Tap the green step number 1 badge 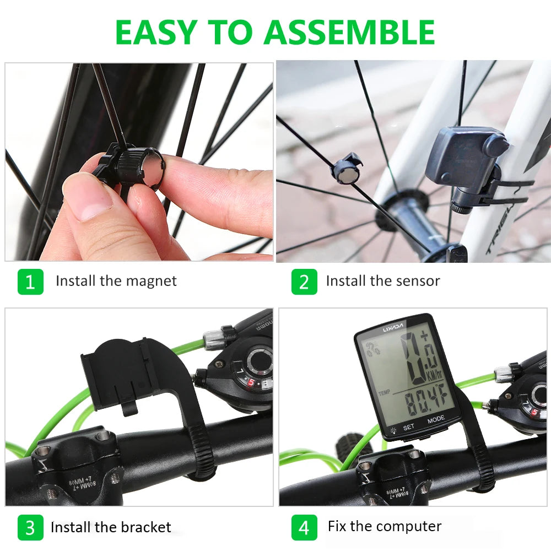[30, 282]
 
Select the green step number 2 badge [304, 282]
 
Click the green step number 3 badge [30, 527]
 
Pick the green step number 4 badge [304, 527]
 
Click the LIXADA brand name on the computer [393, 329]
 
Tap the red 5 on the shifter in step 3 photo [251, 382]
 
